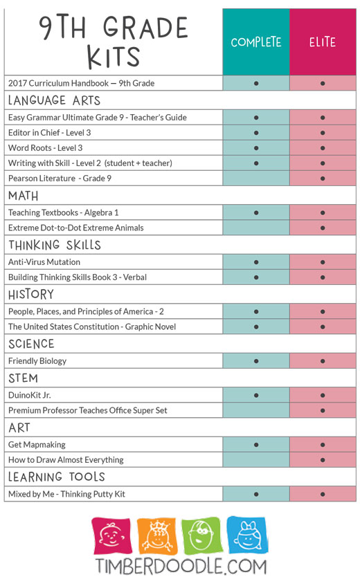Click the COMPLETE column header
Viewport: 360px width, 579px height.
pyautogui.click(x=256, y=42)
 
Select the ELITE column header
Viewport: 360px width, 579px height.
pyautogui.click(x=323, y=42)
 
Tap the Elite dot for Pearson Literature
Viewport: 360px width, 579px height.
pyautogui.click(x=323, y=178)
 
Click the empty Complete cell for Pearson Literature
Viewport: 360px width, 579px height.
pyautogui.click(x=256, y=178)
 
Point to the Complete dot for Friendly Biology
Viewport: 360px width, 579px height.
pyautogui.click(x=256, y=361)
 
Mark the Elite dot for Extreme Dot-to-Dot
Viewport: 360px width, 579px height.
pyautogui.click(x=323, y=228)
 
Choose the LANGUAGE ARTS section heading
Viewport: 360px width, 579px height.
pyautogui.click(x=54, y=100)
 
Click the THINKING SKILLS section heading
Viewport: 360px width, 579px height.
pyautogui.click(x=55, y=245)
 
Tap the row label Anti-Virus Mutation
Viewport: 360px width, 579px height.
pyautogui.click(x=44, y=262)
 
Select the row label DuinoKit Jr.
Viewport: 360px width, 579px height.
pyautogui.click(x=30, y=395)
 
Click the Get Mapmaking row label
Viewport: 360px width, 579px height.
pyautogui.click(x=37, y=445)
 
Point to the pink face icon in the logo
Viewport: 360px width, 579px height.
pyautogui.click(x=111, y=536)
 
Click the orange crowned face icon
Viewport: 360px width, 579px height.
pyautogui.click(x=157, y=536)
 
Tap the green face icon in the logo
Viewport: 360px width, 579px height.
pyautogui.click(x=201, y=536)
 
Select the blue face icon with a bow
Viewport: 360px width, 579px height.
pyautogui.click(x=247, y=535)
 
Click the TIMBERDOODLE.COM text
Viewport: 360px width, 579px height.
pyautogui.click(x=181, y=566)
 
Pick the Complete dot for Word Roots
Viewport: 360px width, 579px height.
pyautogui.click(x=256, y=148)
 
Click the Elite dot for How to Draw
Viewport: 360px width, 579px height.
pyautogui.click(x=323, y=460)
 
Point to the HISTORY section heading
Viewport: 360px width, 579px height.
pyautogui.click(x=31, y=294)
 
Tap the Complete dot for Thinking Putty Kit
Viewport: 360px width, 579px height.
pyautogui.click(x=256, y=494)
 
